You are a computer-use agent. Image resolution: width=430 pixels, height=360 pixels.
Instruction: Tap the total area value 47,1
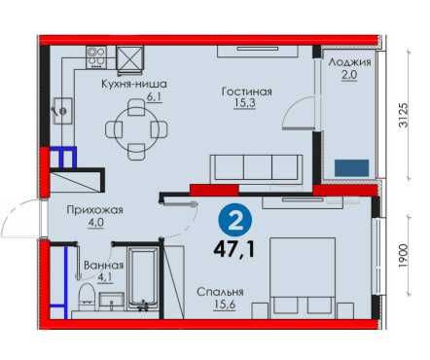coord(234,250)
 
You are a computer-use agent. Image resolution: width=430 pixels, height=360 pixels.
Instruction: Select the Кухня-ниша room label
coord(134,84)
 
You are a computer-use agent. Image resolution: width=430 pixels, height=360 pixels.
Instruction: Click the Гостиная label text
coord(246,91)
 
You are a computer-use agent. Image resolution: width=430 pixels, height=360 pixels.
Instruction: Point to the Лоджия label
coord(349,62)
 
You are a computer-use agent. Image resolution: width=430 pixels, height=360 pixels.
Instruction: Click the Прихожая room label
coord(94,210)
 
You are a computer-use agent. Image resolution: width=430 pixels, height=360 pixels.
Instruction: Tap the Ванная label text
coord(104,266)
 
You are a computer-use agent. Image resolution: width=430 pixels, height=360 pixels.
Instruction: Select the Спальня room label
coord(220,292)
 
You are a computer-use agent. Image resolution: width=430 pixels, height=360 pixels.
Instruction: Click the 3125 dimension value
coord(404,116)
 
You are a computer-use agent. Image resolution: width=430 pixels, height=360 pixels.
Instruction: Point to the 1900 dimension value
coord(403,256)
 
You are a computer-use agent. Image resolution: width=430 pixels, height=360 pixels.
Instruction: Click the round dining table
coord(136,129)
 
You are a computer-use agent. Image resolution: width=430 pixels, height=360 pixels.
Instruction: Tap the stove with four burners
coord(96,57)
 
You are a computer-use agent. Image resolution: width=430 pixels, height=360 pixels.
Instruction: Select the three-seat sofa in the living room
coord(257,169)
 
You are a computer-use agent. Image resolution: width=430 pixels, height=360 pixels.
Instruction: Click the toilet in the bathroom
coord(86,296)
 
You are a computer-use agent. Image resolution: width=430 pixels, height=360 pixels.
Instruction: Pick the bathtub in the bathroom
coord(143,279)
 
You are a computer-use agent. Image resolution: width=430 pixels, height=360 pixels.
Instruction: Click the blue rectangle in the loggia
coord(351,168)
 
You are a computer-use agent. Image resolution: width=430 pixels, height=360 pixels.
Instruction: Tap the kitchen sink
coord(63,111)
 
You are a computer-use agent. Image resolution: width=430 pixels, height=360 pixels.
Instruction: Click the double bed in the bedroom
coord(303,278)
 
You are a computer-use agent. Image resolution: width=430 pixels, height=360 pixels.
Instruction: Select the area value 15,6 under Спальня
coord(224,305)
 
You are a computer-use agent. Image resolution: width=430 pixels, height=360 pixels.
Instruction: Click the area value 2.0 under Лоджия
coord(349,75)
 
